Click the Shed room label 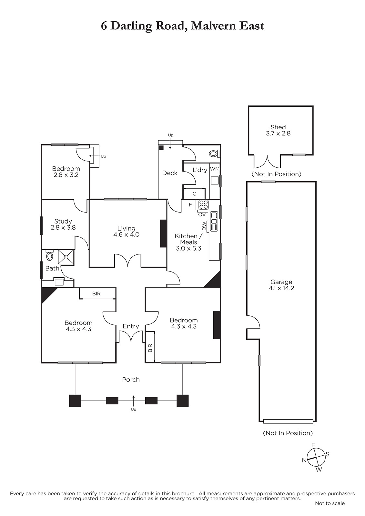pyautogui.click(x=278, y=127)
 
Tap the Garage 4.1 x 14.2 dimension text pyautogui.click(x=281, y=288)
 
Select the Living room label pyautogui.click(x=126, y=228)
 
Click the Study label pyautogui.click(x=63, y=221)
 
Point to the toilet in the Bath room pyautogui.click(x=49, y=255)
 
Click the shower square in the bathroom pyautogui.click(x=66, y=257)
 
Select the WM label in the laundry pyautogui.click(x=215, y=169)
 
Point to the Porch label pyautogui.click(x=131, y=380)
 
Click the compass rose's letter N pyautogui.click(x=304, y=460)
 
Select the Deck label pyautogui.click(x=170, y=173)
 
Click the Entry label pyautogui.click(x=131, y=326)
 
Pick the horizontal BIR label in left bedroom pyautogui.click(x=96, y=294)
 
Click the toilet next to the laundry pyautogui.click(x=214, y=154)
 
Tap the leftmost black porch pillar pyautogui.click(x=75, y=401)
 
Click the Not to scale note pyautogui.click(x=330, y=503)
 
